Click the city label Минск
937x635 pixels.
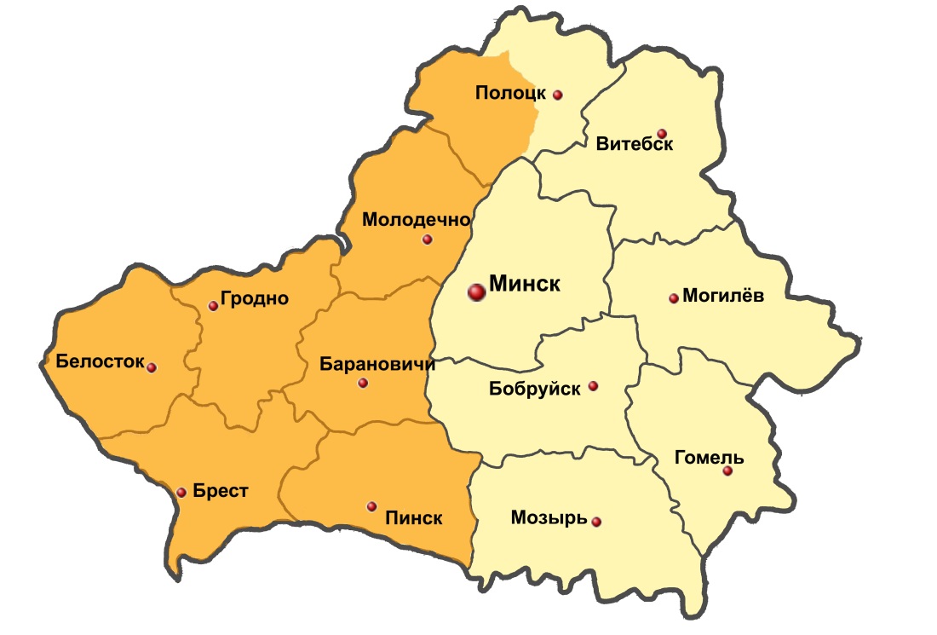click(525, 284)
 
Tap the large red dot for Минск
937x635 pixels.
click(476, 292)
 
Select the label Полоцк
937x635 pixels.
click(509, 93)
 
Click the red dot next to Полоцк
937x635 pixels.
click(558, 95)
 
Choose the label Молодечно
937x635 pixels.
click(417, 220)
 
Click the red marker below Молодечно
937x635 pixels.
click(427, 240)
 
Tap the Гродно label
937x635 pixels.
click(255, 298)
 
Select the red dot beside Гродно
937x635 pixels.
click(213, 306)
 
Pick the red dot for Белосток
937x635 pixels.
click(152, 367)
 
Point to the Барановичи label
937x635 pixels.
click(377, 365)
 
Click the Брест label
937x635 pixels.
click(221, 491)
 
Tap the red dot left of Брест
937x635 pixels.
click(181, 493)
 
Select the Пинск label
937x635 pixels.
click(414, 517)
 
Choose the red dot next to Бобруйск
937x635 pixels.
click(594, 386)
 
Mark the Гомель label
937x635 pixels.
click(709, 458)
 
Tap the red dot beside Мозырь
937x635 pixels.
click(596, 522)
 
